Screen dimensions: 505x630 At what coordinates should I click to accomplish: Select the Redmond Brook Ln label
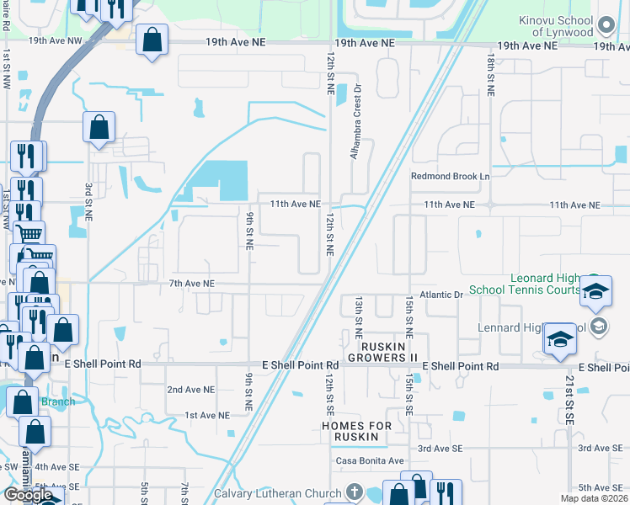[450, 177]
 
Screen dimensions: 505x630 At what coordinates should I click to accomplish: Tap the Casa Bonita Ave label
[370, 461]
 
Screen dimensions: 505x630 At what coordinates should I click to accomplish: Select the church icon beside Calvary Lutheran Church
[355, 492]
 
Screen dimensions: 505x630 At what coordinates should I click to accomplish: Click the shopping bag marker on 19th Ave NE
[152, 40]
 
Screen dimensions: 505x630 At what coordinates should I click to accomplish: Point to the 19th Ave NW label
[55, 40]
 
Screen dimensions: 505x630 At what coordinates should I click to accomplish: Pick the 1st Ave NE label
[207, 415]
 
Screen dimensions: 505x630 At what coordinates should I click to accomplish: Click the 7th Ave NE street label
[192, 284]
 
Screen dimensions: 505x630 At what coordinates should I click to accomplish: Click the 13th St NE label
[358, 311]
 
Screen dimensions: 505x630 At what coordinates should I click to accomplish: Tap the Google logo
[28, 495]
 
